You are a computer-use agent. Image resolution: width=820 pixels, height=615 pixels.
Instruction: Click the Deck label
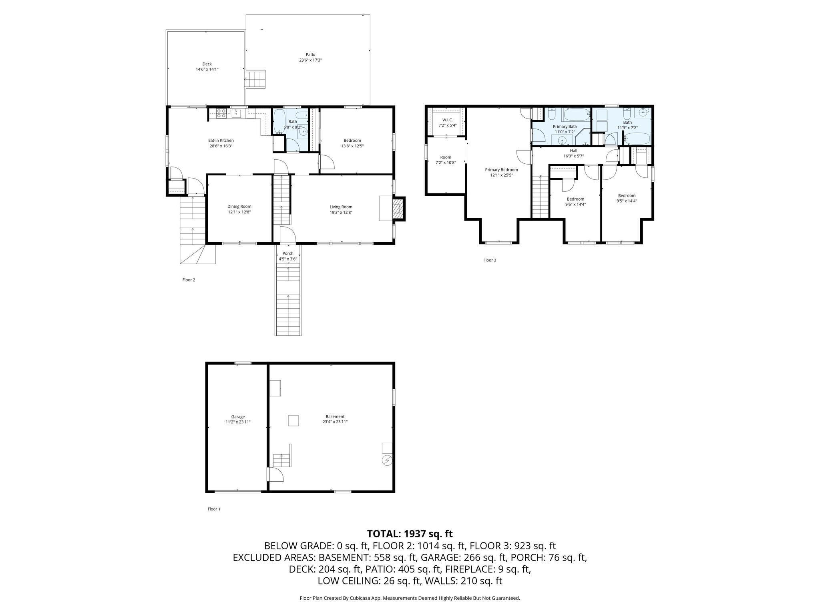(207, 64)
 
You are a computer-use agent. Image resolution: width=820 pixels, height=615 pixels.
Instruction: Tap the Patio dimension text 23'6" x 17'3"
(310, 60)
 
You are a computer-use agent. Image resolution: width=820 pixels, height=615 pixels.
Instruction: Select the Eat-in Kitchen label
(221, 141)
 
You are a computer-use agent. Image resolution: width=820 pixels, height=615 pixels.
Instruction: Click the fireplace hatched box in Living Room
(398, 209)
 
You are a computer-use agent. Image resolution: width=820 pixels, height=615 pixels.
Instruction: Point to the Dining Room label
(239, 207)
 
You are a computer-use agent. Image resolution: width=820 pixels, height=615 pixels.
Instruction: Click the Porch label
(287, 253)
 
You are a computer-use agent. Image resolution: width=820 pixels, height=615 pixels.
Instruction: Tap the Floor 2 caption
(189, 280)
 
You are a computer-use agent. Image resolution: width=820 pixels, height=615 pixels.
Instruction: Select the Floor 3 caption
(489, 260)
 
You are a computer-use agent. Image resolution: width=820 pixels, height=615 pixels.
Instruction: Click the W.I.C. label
(447, 120)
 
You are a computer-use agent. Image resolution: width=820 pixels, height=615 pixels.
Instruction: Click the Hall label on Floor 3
(573, 151)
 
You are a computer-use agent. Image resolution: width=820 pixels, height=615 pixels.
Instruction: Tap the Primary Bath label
(565, 127)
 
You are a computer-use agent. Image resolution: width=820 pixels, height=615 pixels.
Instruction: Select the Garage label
(238, 417)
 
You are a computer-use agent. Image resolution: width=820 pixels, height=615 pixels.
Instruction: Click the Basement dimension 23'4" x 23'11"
(335, 422)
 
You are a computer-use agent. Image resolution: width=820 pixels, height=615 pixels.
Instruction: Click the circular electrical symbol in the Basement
(387, 461)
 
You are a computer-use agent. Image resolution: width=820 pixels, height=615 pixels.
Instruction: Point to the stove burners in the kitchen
(221, 113)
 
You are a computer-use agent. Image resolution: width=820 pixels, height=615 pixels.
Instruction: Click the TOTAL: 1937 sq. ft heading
(410, 534)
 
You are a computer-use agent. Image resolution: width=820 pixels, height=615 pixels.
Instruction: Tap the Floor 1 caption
(214, 509)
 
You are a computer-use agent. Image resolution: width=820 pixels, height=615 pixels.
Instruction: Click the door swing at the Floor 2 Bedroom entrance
(327, 162)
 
